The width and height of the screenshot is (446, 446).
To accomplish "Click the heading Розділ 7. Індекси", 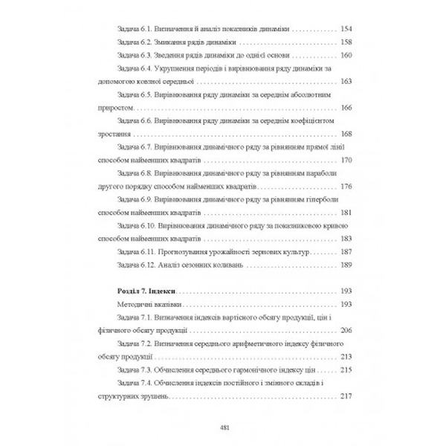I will pos(139,292).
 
